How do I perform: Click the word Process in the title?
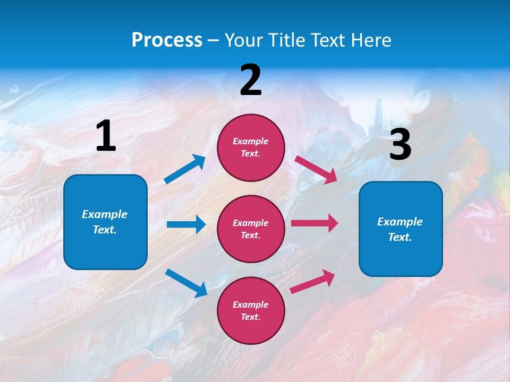(167, 40)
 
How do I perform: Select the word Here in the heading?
(370, 40)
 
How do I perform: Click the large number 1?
(106, 136)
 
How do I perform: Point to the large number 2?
(251, 81)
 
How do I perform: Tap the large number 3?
(400, 145)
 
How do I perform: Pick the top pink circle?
(251, 147)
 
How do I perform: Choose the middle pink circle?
(251, 229)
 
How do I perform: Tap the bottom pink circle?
(251, 310)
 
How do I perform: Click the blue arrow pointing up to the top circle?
(185, 169)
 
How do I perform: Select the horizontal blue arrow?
(186, 224)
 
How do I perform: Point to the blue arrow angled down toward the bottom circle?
(186, 283)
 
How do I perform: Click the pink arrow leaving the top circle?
(316, 169)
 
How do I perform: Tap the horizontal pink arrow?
(314, 223)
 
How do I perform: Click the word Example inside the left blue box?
(105, 214)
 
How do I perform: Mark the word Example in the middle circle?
(250, 223)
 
